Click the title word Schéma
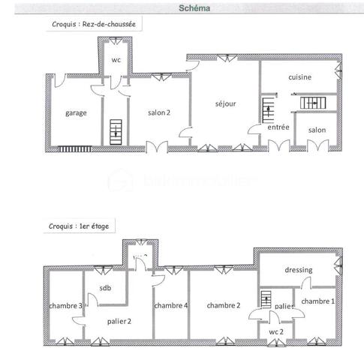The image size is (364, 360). (195, 9)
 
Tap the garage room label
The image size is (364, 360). (76, 112)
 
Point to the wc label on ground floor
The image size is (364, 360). (116, 60)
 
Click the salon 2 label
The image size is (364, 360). (158, 112)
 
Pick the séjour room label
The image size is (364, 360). (225, 103)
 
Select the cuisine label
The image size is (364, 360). (299, 77)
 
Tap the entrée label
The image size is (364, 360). (278, 127)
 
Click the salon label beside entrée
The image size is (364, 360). (317, 130)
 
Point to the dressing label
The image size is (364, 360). (298, 270)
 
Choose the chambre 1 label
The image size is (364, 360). (317, 301)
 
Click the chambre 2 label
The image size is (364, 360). (224, 305)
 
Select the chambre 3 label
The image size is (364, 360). (65, 306)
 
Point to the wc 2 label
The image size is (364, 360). (277, 331)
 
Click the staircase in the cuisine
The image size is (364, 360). (309, 103)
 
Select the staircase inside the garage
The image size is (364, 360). (115, 132)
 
